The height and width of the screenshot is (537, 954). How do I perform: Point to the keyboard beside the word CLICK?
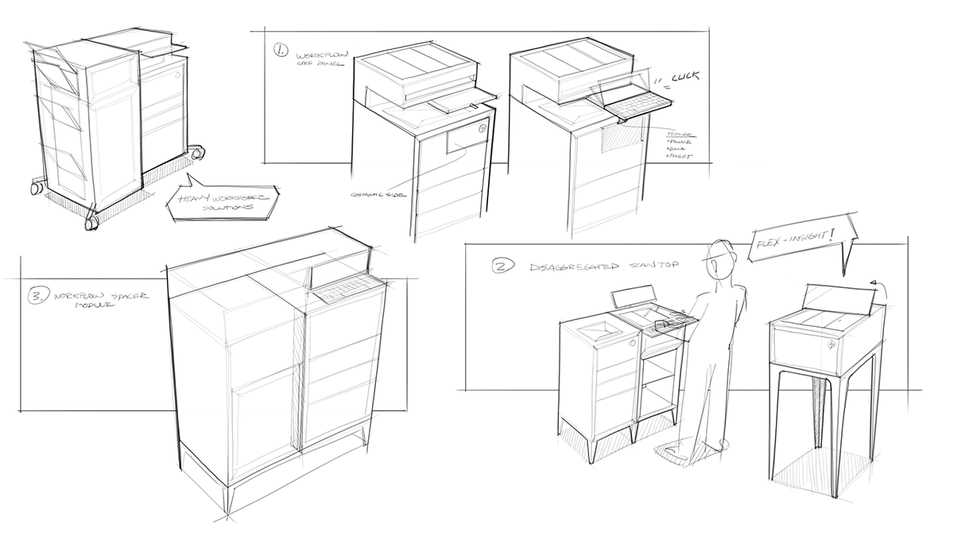pos(632,99)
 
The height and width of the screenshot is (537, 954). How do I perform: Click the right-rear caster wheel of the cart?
pos(194,150)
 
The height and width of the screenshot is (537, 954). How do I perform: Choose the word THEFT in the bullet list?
pos(680,157)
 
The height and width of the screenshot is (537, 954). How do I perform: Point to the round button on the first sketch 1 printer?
pos(482,126)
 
